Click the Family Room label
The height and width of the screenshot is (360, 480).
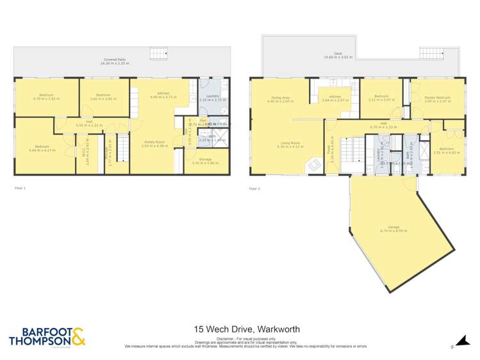(x=151, y=143)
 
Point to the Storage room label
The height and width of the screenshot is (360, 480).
(x=206, y=161)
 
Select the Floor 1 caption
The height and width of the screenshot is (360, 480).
(x=20, y=188)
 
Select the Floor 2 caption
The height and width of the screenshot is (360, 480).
(x=255, y=188)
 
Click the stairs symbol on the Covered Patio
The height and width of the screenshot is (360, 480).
(x=158, y=54)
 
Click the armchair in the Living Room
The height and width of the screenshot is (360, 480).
(x=314, y=165)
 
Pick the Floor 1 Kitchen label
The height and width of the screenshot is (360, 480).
(x=160, y=95)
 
